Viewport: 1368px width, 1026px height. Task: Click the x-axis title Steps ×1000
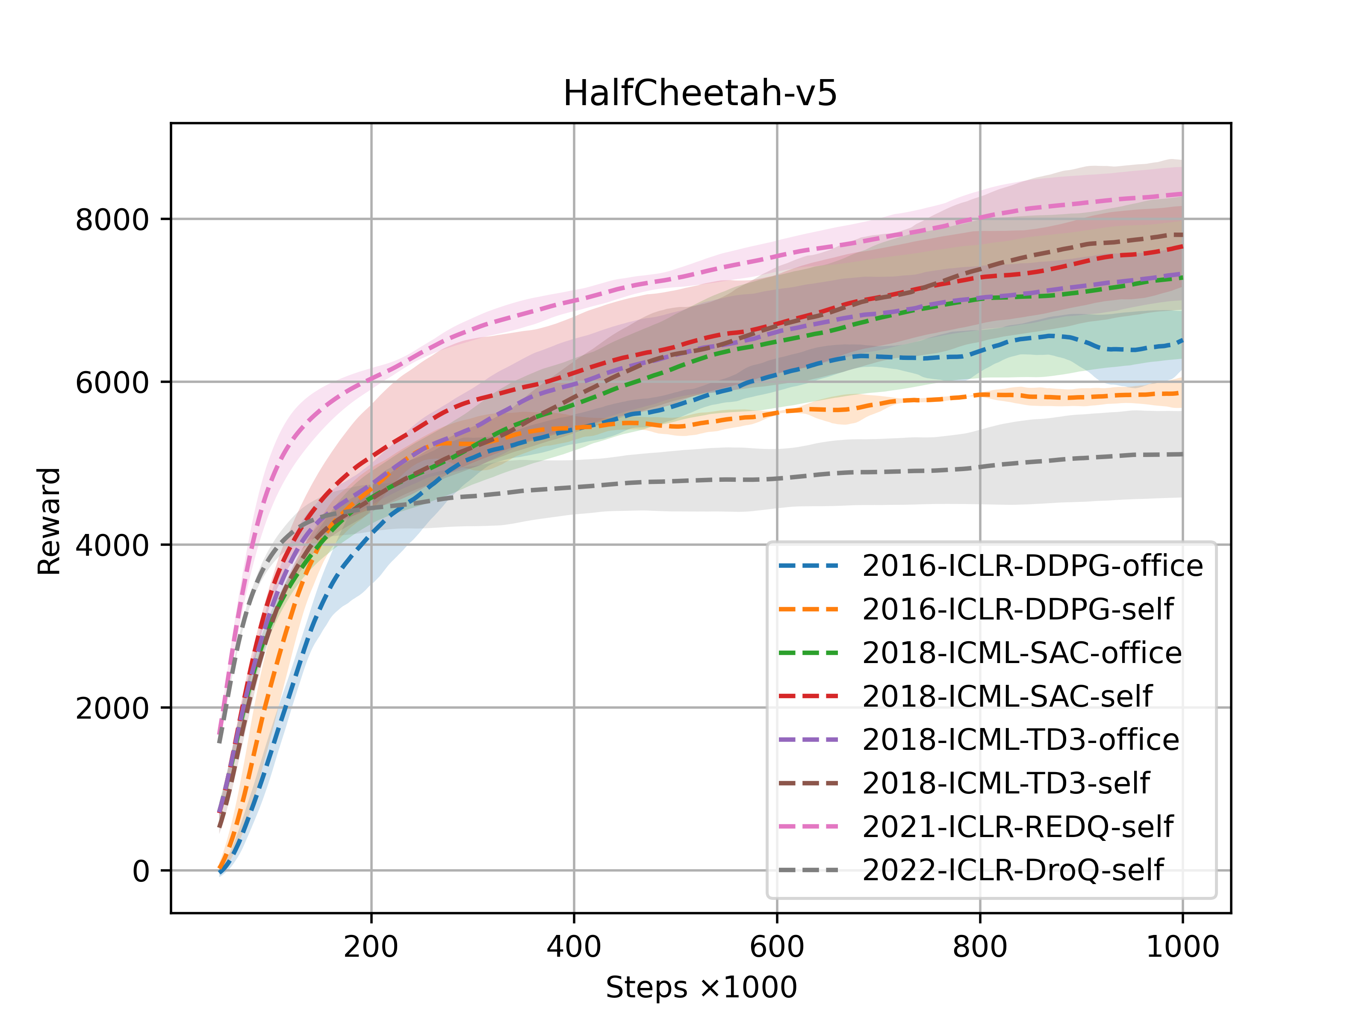(x=701, y=987)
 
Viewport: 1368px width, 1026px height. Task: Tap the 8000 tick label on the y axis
(x=112, y=220)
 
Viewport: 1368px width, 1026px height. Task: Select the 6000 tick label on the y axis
(x=112, y=382)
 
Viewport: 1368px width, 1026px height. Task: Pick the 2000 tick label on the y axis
(x=112, y=708)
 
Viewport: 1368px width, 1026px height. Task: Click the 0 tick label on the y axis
(x=141, y=871)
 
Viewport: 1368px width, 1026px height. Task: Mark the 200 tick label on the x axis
(x=371, y=947)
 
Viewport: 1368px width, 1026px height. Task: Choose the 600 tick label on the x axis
(x=777, y=947)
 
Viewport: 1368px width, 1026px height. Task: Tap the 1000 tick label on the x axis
(x=1182, y=947)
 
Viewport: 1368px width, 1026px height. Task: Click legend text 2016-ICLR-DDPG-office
(x=1032, y=566)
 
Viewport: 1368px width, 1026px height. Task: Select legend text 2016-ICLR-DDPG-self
(x=1017, y=609)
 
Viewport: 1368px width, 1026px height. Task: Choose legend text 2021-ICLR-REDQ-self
(x=1017, y=827)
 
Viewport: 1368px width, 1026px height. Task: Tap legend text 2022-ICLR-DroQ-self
(x=1012, y=870)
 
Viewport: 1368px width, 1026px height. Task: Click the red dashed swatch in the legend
(x=808, y=696)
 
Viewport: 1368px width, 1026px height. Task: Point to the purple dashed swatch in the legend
(x=808, y=740)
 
